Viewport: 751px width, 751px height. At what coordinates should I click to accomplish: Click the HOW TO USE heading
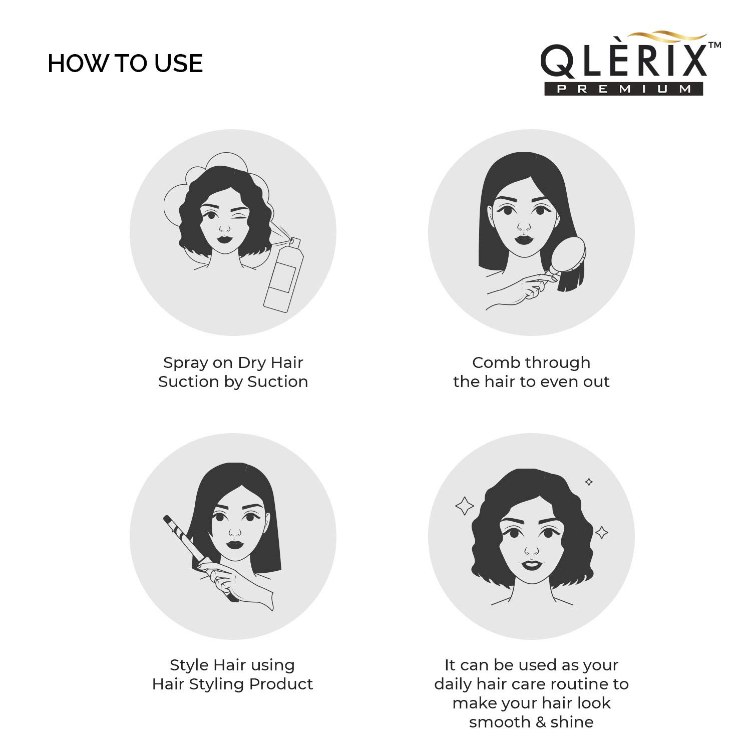(x=125, y=64)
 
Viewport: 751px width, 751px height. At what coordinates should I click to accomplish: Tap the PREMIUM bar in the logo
(x=624, y=89)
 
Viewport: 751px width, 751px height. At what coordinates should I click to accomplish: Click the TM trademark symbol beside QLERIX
(x=714, y=46)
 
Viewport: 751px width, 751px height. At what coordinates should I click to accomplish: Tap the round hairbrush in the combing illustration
(x=571, y=256)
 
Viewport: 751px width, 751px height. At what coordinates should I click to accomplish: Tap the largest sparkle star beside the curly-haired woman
(x=464, y=506)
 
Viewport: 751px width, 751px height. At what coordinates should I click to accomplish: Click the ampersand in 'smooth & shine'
(x=539, y=722)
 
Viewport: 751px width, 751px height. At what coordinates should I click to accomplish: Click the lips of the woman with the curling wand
(x=234, y=544)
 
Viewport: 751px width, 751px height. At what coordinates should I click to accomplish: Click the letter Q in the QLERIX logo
(x=557, y=62)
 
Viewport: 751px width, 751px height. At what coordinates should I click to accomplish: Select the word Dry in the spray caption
(x=252, y=363)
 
